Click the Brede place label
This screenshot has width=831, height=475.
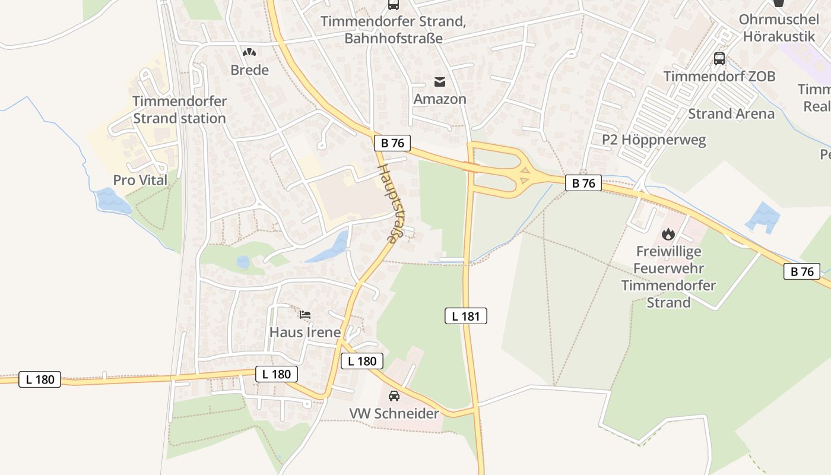(249, 70)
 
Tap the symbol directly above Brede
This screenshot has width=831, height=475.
(249, 52)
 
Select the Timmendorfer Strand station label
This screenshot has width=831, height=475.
(179, 110)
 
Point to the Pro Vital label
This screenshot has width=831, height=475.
(140, 180)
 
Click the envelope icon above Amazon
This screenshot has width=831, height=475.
(440, 81)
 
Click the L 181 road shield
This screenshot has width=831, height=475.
(465, 316)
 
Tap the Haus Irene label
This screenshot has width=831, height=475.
(305, 332)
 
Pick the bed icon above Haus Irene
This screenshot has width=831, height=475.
(305, 314)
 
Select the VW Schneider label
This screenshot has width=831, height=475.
(394, 414)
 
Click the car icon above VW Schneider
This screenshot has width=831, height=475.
(394, 396)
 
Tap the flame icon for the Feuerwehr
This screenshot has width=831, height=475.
(668, 234)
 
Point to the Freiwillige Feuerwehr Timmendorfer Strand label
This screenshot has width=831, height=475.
(668, 277)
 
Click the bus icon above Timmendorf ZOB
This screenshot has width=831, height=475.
(719, 59)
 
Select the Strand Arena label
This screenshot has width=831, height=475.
(731, 113)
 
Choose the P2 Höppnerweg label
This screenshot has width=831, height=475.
(654, 140)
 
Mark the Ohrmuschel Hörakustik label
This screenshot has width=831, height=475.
(779, 28)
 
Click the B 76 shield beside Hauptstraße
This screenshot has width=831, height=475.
(392, 143)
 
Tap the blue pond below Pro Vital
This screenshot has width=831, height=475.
(113, 201)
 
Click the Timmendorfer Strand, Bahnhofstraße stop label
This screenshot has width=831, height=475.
(392, 30)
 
